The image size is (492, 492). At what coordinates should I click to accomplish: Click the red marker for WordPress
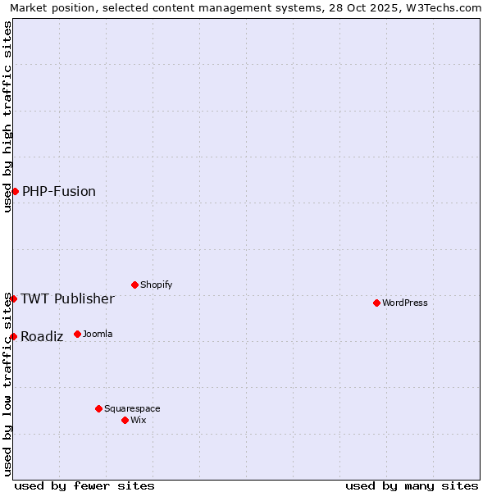coord(376,303)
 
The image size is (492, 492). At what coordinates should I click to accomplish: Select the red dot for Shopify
coord(134,285)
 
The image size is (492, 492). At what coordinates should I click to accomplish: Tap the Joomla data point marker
coord(77,334)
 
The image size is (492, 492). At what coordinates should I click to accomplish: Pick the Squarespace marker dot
coord(98,408)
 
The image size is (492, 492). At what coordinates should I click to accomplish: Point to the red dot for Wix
coord(125,420)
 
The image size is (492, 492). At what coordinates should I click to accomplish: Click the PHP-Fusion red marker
coord(15,191)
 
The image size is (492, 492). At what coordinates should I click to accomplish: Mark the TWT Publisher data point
coord(13,298)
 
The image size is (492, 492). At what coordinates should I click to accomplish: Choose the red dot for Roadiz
coord(13,336)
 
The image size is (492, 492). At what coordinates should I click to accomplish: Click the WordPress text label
coord(405,303)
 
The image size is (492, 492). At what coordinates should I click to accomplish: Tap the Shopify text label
coord(157,285)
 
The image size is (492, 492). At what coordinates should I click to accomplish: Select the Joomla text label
coord(98,334)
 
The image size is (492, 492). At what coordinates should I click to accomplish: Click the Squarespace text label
coord(132,408)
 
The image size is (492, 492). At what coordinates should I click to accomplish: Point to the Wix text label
coord(139,420)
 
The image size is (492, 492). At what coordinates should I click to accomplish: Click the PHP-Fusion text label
coord(59,191)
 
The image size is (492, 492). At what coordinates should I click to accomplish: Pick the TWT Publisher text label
coord(67,298)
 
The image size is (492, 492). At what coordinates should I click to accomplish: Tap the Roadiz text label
coord(42,336)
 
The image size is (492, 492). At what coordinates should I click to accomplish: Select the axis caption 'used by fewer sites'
coord(84,485)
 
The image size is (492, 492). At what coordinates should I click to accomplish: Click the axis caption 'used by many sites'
coord(412,485)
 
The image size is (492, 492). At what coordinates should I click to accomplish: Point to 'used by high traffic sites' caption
coord(7,116)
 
